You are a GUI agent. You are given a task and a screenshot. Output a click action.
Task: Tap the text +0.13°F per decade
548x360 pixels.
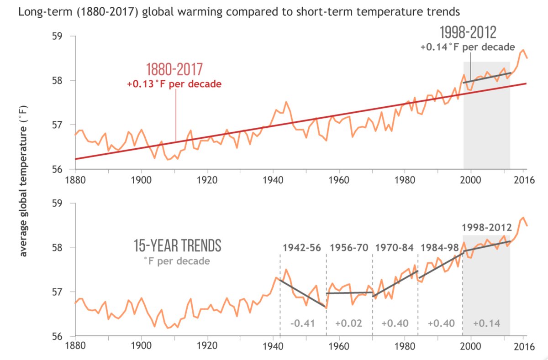point(174,84)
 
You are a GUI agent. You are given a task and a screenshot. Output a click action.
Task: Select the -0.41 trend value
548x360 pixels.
point(303,323)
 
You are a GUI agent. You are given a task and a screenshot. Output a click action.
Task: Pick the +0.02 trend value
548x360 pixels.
point(349,323)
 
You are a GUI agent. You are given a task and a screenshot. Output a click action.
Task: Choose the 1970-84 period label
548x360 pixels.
point(395,248)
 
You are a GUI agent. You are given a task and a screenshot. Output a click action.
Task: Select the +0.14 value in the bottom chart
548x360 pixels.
point(486,323)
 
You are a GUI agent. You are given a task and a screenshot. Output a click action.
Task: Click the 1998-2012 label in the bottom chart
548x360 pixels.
point(485,227)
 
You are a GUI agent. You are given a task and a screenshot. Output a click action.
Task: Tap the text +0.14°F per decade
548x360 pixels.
point(468,47)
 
